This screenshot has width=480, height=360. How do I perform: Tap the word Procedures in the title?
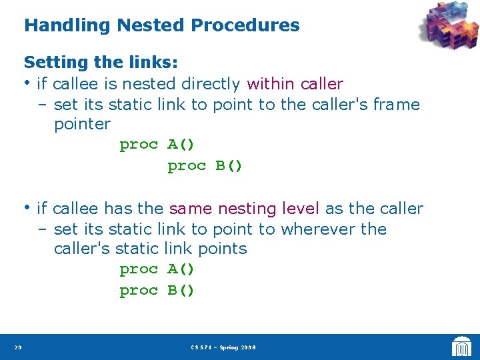coord(245,26)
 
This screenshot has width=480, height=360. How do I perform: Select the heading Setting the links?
coord(101,63)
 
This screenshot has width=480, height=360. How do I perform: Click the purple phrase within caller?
coord(295,84)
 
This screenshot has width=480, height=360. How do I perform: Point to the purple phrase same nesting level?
coord(245,209)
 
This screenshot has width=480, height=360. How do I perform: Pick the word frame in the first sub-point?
coord(397,105)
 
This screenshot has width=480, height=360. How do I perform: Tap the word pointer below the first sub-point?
coord(82,124)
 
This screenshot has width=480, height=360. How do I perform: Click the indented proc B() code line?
coord(205,165)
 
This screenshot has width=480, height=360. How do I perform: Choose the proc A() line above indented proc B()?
coord(157,145)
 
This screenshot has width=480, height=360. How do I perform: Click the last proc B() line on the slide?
coord(157,291)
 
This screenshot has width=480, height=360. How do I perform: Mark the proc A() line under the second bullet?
coord(157,269)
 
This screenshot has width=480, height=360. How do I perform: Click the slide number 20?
coord(17,347)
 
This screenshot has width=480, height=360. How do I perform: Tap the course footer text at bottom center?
coord(223,347)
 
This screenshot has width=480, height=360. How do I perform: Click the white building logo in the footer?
coord(461,347)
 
